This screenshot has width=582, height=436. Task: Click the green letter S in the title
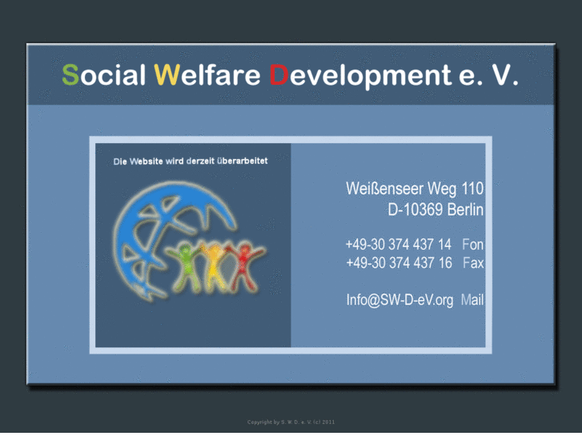pos(70,75)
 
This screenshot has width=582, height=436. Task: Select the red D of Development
pos(279,75)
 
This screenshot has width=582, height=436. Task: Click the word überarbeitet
pos(239,161)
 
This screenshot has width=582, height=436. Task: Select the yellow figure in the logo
pos(215,264)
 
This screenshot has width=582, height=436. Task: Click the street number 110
pos(472,190)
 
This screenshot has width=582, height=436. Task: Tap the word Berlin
pos(465,210)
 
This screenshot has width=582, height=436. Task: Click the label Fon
pos(472,245)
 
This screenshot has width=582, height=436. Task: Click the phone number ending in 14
pos(398,245)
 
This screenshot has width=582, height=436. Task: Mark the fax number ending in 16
pos(398,263)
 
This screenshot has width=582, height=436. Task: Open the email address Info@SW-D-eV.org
pos(399,300)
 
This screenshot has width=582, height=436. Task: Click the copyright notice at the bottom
pos(291,422)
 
